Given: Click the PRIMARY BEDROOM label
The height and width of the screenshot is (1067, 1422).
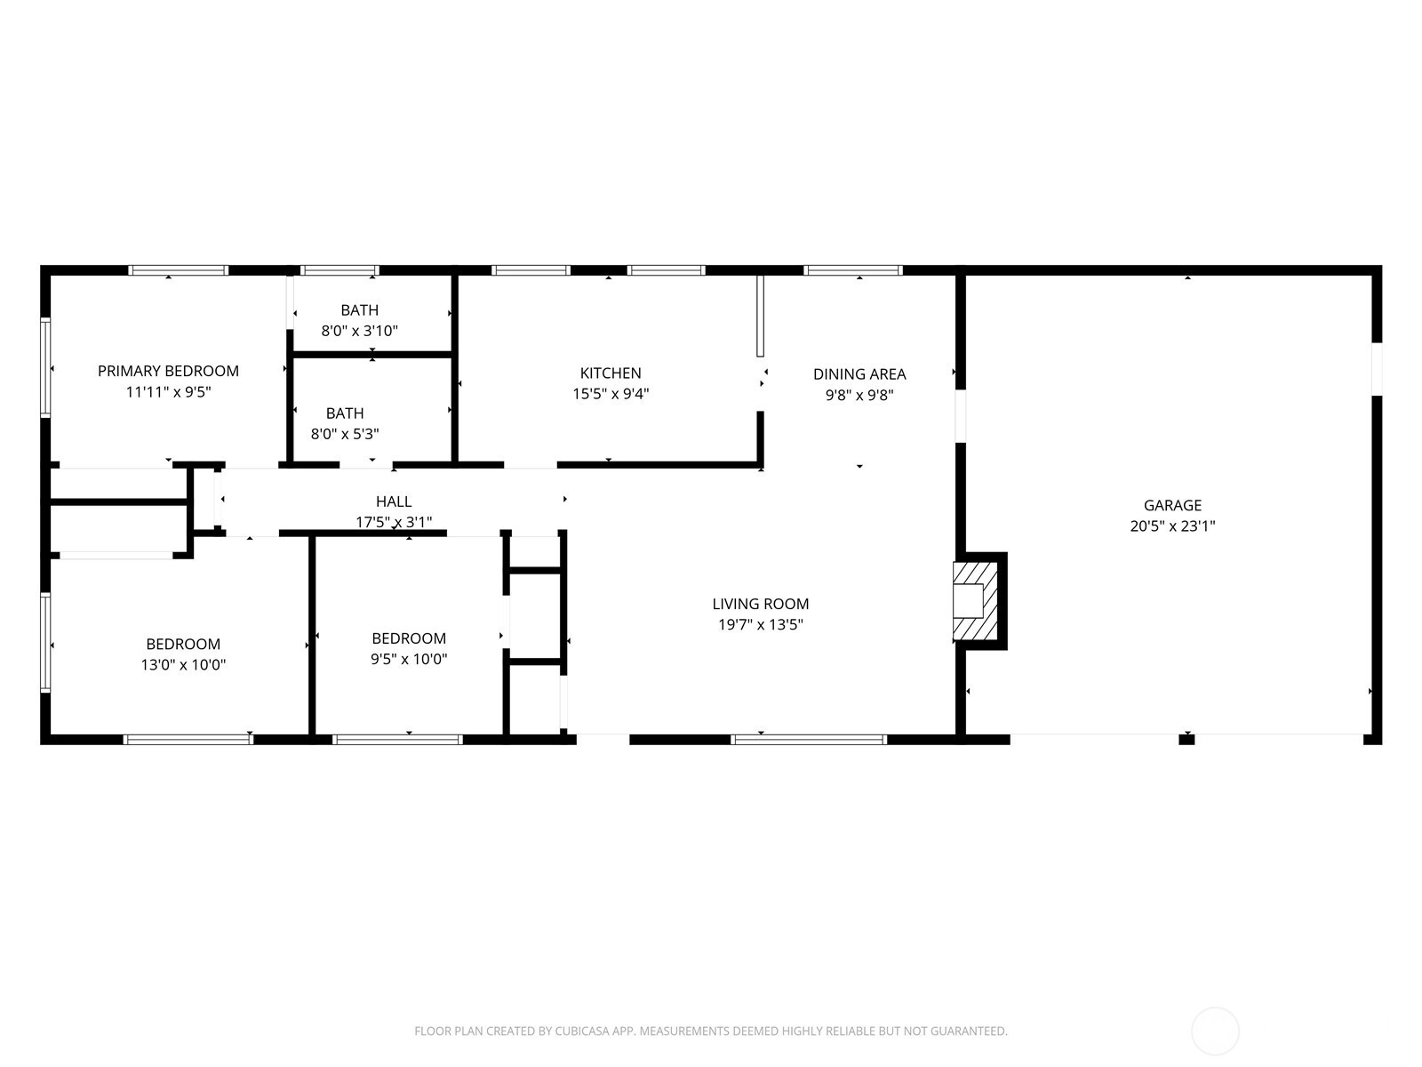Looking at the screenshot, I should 168,371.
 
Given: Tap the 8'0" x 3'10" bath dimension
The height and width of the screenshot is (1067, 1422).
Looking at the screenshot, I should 359,331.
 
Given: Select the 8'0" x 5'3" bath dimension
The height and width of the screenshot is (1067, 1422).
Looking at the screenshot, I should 345,434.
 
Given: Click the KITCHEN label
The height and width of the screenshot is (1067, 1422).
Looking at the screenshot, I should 611,373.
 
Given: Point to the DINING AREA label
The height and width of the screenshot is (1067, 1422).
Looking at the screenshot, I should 859,374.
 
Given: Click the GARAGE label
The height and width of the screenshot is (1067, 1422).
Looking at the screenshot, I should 1172,505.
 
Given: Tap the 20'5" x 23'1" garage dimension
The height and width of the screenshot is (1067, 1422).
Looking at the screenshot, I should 1172,525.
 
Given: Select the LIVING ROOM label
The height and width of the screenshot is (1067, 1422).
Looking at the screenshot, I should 761,604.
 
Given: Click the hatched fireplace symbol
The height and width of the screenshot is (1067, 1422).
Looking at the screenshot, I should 975,601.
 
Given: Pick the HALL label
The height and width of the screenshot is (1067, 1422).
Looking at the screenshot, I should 394,501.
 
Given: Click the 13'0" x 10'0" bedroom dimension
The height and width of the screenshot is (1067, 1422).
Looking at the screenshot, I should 183,664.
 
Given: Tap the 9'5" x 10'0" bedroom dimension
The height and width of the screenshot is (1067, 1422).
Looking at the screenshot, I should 409,659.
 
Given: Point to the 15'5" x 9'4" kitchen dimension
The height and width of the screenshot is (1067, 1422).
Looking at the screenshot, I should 611,394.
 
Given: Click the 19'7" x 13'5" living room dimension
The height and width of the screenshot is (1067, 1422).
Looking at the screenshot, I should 761,624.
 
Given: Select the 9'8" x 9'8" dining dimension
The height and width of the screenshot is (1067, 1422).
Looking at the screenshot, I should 859,395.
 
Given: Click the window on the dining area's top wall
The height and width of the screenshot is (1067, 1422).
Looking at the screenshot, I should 853,270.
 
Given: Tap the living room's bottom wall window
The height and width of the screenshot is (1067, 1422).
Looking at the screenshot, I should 809,739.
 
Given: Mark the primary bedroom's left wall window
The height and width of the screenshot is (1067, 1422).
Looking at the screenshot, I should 45,367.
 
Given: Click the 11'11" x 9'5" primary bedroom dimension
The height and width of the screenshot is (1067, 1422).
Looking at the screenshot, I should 168,391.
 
